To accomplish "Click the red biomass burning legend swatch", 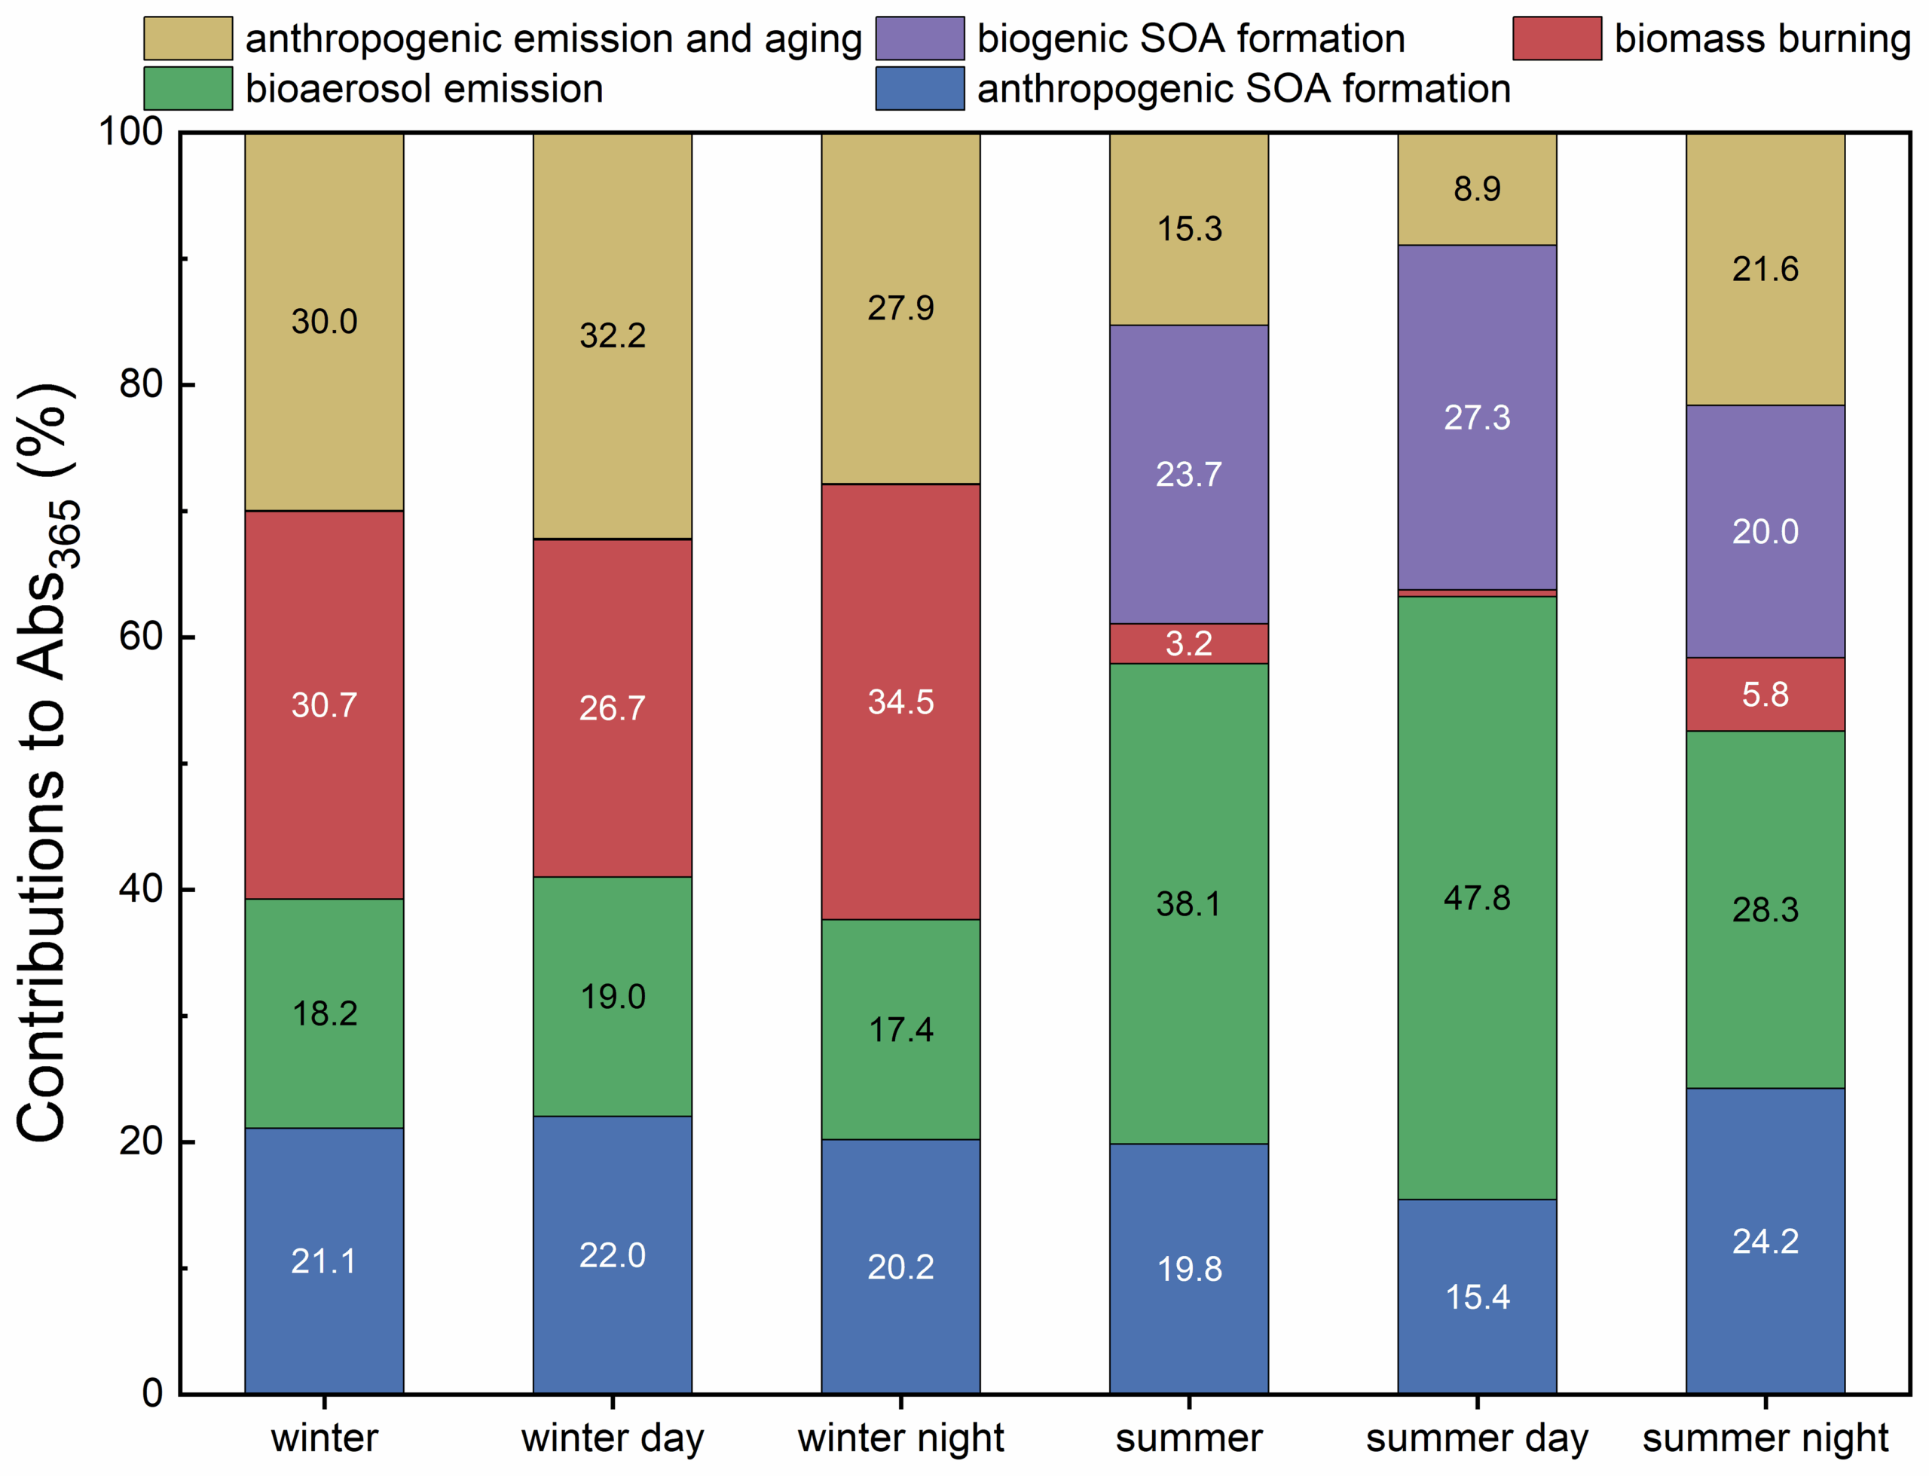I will pos(1557,38).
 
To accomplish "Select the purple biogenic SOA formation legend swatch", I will pos(920,38).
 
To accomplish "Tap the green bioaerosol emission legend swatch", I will pos(188,88).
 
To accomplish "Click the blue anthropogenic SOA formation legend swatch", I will pos(920,88).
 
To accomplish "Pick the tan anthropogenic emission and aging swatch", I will pos(188,38).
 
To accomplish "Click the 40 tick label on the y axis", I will pos(141,889).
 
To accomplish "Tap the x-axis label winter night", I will pos(900,1438).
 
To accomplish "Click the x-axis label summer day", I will pos(1477,1438).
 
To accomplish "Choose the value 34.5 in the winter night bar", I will pos(900,702).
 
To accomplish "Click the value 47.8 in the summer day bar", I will pos(1477,898).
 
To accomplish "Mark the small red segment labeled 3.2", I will pos(1188,644).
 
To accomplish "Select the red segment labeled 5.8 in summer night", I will pos(1765,694).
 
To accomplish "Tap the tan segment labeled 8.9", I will pos(1477,189).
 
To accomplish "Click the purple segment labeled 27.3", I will pos(1477,417).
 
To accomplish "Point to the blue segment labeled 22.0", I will pos(613,1254).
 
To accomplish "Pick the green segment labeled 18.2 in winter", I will pos(324,1013).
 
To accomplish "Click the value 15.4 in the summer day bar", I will pos(1477,1297).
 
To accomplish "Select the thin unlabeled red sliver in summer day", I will pos(1477,593).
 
